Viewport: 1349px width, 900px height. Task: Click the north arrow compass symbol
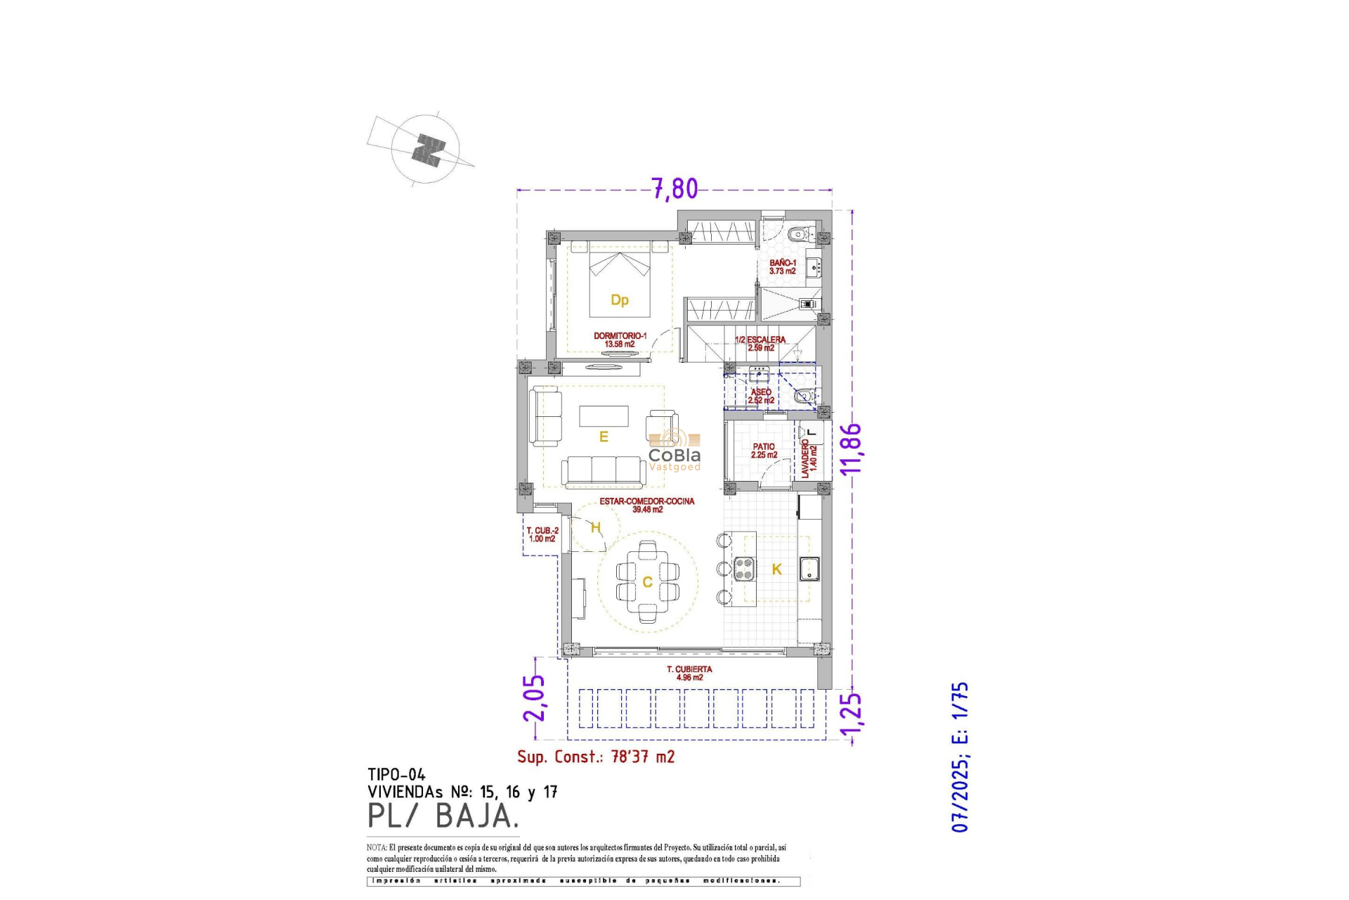coord(426,150)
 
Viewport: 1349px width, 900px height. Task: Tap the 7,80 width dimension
coord(674,188)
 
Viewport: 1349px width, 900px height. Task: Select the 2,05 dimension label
coord(534,697)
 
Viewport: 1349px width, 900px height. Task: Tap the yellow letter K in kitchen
coord(776,569)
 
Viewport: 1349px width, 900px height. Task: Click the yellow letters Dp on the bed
coord(619,300)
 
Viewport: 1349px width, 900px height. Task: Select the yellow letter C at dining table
coord(647,582)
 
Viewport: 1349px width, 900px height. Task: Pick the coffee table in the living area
coord(604,416)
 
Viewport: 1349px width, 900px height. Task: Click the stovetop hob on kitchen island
coord(745,568)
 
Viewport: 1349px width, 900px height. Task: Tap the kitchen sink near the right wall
coord(809,568)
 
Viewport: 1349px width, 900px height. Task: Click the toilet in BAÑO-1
coord(798,234)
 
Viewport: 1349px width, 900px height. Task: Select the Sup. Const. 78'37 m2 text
coord(596,757)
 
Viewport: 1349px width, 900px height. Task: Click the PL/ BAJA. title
coord(443,816)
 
